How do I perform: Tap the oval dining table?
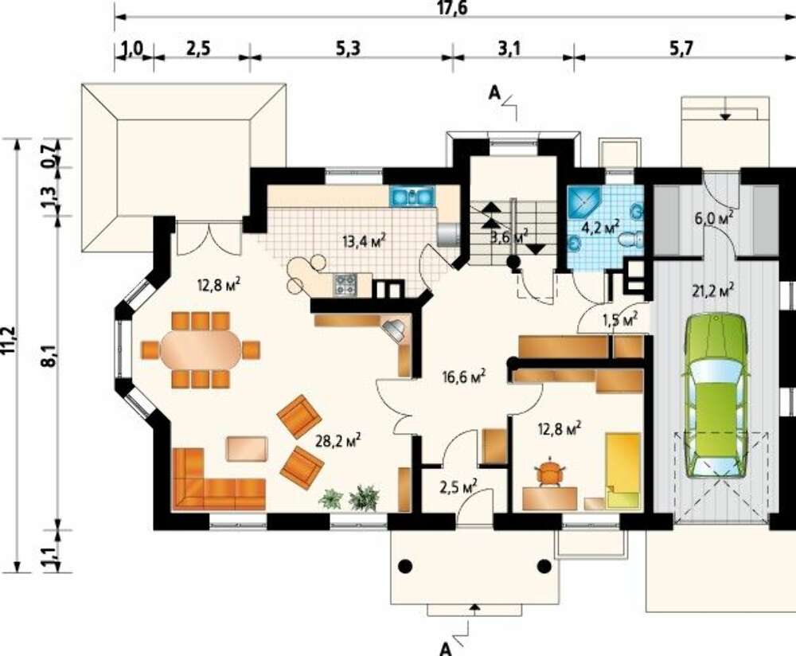point(201,349)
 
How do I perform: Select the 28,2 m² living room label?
point(338,441)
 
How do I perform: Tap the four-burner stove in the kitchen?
point(345,284)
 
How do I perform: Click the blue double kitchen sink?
point(412,197)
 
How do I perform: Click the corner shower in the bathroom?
point(584,202)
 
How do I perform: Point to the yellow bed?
point(622,471)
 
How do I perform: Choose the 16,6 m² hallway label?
point(464,377)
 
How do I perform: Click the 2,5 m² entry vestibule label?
point(458,486)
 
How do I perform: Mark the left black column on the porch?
point(405,565)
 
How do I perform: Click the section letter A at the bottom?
point(445,648)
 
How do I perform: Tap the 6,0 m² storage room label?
point(714,219)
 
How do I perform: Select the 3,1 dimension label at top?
point(509,49)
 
